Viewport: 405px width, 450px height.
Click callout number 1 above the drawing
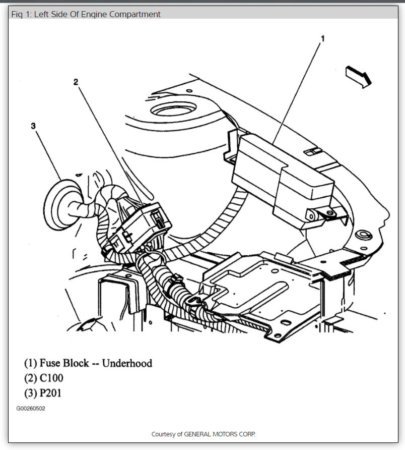(322, 38)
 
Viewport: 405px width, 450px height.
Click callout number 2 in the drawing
(76, 82)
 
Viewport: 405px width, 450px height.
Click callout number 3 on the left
(33, 126)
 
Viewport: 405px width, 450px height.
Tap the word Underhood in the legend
(127, 363)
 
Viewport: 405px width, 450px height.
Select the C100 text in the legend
(51, 378)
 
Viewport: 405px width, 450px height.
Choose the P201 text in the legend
(51, 393)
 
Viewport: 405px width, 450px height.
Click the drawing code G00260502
(31, 408)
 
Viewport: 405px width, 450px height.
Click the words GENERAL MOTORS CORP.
(220, 434)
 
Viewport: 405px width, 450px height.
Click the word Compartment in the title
(136, 14)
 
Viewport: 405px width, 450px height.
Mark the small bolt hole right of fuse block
(361, 235)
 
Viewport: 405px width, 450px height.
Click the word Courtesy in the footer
(166, 434)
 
